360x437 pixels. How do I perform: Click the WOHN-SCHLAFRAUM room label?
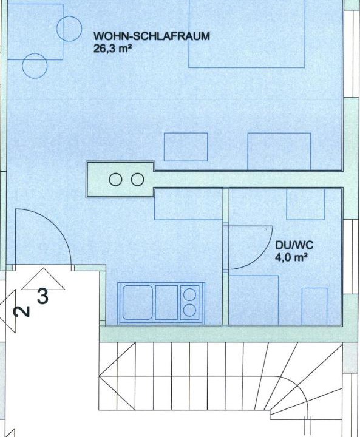151,36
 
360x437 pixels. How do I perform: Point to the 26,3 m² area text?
112,49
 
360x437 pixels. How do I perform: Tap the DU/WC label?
294,245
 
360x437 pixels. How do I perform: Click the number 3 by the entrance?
42,297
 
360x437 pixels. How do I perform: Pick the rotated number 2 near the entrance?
22,311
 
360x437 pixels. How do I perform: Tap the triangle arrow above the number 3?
43,279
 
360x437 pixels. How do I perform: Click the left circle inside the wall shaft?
115,180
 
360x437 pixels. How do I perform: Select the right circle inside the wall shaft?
137,180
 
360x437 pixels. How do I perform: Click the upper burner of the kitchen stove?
189,294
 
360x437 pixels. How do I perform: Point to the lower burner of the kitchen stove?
189,310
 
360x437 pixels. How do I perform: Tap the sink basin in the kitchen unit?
137,302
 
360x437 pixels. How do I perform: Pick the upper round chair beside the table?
69,29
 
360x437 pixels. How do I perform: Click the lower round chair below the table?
35,66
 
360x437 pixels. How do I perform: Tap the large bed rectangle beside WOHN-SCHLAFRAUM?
247,34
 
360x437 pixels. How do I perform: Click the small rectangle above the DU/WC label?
305,205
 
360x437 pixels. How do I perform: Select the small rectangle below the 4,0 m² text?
314,307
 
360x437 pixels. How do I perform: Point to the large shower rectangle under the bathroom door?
254,300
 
